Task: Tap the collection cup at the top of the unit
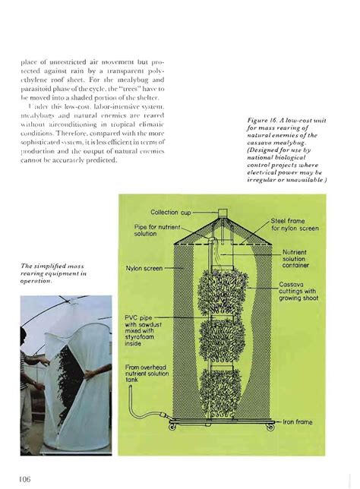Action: click(222, 213)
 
